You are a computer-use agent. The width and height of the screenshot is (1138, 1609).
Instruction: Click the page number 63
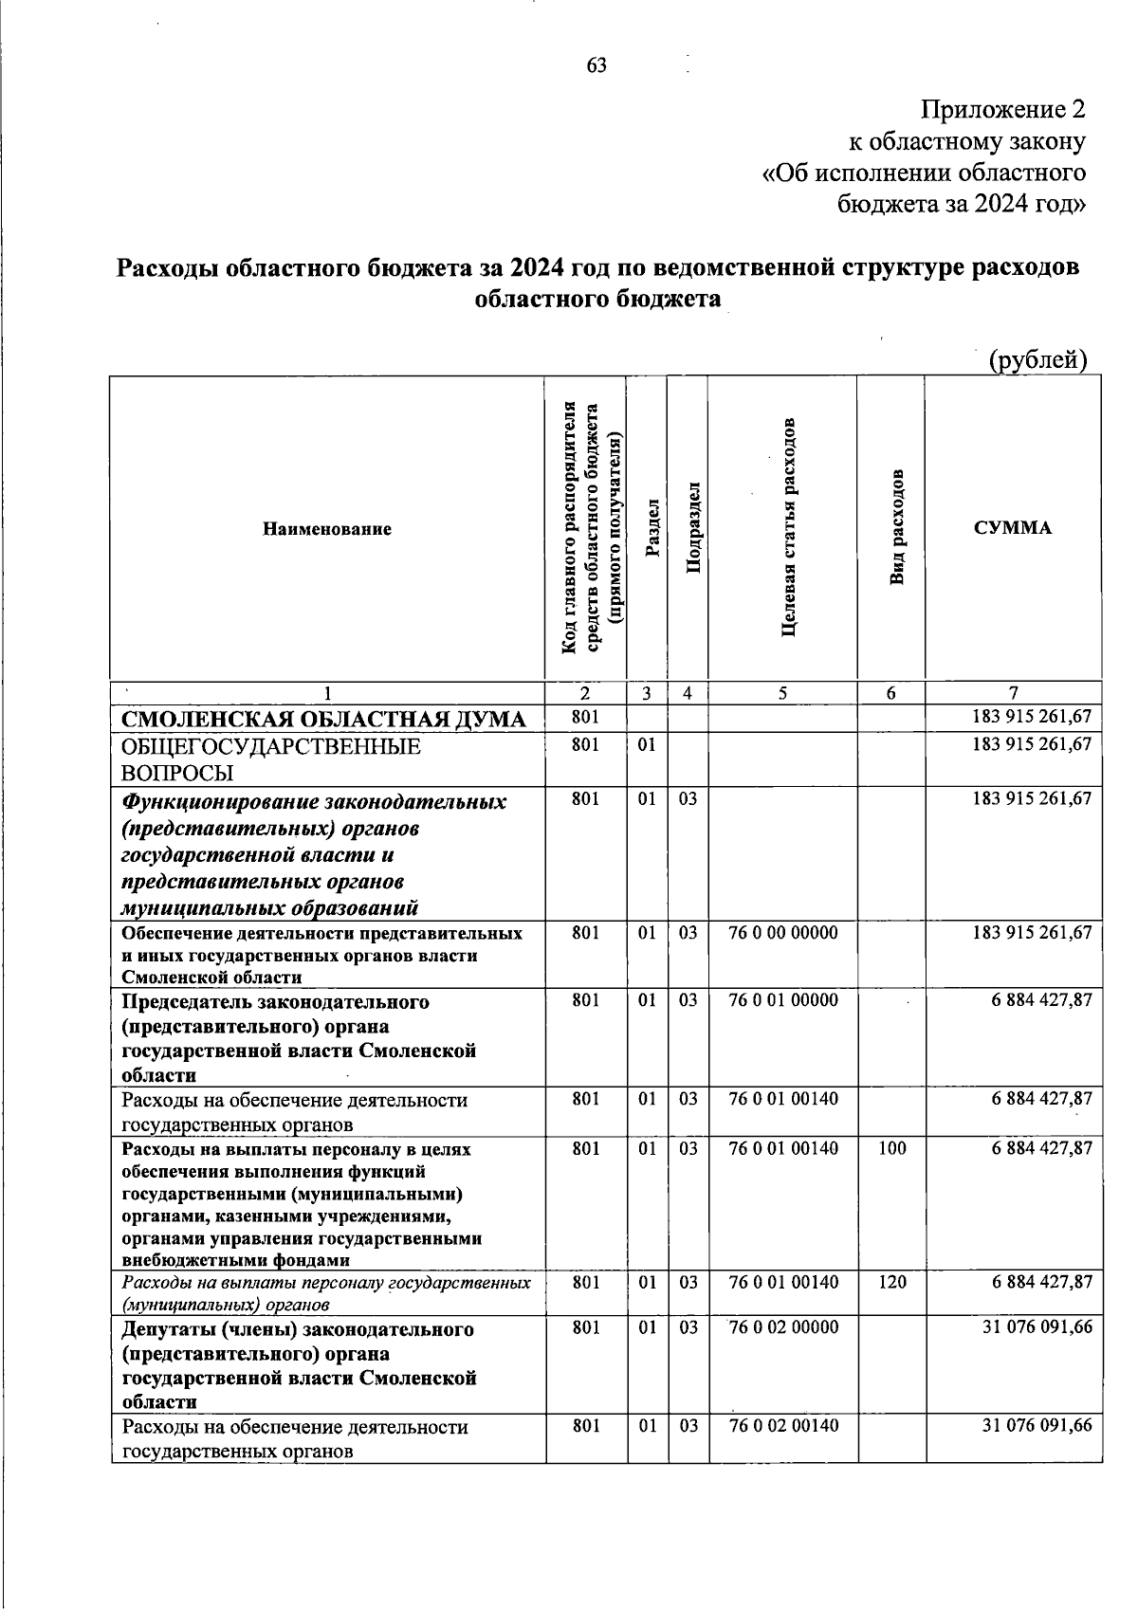point(597,65)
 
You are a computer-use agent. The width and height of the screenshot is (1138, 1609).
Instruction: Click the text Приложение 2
point(1003,110)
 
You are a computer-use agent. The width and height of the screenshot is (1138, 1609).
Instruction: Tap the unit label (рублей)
point(1037,360)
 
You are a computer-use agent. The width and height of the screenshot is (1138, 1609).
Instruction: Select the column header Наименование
point(327,529)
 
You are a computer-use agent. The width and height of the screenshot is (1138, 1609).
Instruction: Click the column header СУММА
point(1013,528)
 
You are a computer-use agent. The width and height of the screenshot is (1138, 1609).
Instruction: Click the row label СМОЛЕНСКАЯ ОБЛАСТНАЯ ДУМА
point(324,720)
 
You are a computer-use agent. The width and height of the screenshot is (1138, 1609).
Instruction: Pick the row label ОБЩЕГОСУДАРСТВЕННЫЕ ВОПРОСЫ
point(271,759)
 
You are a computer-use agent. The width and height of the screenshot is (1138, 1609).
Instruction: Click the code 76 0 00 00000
point(783,933)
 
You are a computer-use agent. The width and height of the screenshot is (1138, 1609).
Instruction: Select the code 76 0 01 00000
point(783,1001)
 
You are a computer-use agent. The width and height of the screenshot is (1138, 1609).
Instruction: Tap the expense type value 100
point(891,1149)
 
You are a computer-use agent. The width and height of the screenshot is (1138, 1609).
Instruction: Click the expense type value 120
point(891,1283)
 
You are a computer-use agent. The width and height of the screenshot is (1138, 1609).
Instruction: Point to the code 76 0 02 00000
point(783,1327)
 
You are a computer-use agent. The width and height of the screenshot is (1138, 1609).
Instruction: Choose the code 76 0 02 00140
point(783,1426)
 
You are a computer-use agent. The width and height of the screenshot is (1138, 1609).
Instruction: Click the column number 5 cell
point(782,693)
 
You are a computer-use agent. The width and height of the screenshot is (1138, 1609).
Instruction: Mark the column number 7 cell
point(1013,693)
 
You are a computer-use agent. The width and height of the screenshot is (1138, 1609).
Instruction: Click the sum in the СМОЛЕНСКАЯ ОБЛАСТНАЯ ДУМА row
point(1032,718)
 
